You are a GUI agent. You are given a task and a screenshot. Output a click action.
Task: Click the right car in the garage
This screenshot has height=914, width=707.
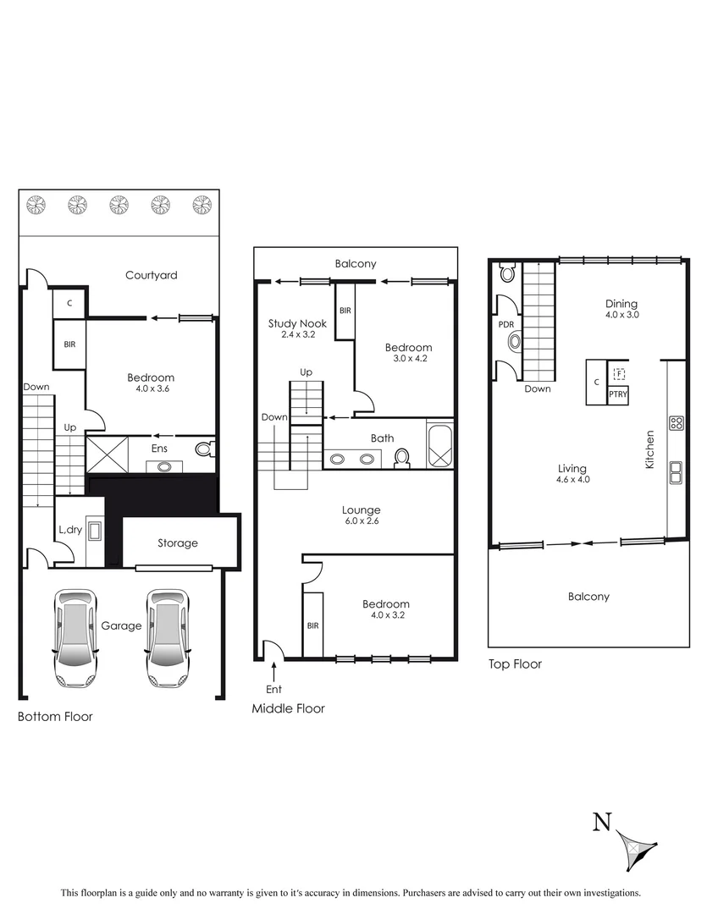pyautogui.click(x=167, y=637)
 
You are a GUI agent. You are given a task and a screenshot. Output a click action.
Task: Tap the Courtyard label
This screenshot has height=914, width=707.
pyautogui.click(x=151, y=275)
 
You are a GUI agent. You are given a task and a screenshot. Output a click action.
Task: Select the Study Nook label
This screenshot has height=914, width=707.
pyautogui.click(x=292, y=323)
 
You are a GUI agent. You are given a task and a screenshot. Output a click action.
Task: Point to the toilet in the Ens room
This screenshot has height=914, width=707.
pyautogui.click(x=204, y=448)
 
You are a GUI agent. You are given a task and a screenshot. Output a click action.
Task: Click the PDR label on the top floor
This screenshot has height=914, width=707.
pyautogui.click(x=505, y=323)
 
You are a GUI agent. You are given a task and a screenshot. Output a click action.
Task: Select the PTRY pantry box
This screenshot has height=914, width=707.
pyautogui.click(x=618, y=394)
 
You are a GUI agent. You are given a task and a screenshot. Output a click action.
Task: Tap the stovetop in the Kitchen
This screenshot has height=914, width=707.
pyautogui.click(x=677, y=424)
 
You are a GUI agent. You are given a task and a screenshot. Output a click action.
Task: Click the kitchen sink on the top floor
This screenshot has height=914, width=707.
pyautogui.click(x=677, y=472)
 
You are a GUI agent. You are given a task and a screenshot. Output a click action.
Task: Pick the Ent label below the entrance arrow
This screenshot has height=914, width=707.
pyautogui.click(x=273, y=689)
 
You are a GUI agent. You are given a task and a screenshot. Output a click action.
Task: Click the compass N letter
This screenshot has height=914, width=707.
pyautogui.click(x=601, y=822)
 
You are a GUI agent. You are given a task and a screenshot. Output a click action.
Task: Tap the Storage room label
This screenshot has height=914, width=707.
pyautogui.click(x=177, y=542)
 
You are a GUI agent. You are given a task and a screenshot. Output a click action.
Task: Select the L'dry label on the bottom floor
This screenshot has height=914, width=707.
pyautogui.click(x=70, y=529)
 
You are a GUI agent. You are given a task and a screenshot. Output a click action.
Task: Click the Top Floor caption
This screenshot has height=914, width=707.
pyautogui.click(x=515, y=664)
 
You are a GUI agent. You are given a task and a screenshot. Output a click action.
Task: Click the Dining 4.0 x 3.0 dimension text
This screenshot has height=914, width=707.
pyautogui.click(x=621, y=315)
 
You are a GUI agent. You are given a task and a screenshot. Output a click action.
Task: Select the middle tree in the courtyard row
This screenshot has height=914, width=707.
pyautogui.click(x=118, y=205)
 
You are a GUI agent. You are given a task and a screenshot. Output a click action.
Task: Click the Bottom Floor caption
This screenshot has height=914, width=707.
pyautogui.click(x=55, y=717)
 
